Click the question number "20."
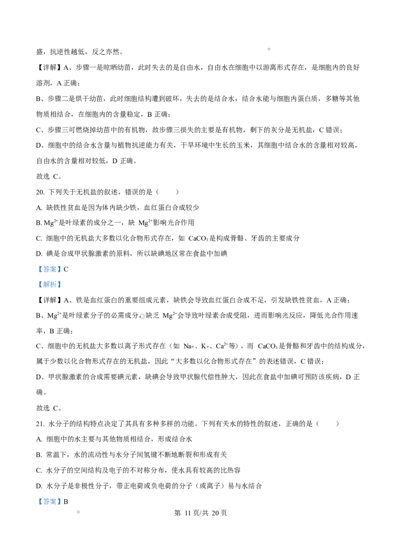point(40,192)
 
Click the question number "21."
point(40,424)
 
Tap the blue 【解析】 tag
point(50,284)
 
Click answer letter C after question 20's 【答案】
point(66,269)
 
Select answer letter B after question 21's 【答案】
point(66,502)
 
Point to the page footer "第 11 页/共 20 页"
point(200,513)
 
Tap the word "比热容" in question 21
point(230,470)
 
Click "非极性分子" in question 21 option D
point(92,486)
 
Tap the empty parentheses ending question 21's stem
point(328,424)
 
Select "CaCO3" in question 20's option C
point(198,238)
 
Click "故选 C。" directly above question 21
point(49,408)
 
